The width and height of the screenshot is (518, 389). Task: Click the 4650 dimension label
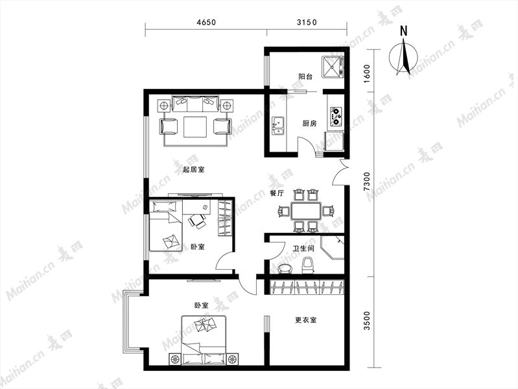(x=206, y=22)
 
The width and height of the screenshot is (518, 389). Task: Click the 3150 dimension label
(x=307, y=22)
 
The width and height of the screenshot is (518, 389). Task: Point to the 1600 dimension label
(x=367, y=74)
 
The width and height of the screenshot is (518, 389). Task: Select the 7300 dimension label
(x=367, y=182)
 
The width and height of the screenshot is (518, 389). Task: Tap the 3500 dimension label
(x=367, y=320)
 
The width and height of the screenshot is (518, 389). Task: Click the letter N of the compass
(x=403, y=30)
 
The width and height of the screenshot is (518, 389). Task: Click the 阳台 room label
(x=305, y=77)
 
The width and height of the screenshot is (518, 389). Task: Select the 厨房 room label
(x=309, y=124)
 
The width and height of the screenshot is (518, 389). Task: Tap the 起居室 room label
(x=194, y=170)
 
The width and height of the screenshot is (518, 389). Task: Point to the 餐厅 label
(x=277, y=194)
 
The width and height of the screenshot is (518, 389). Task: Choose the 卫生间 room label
(x=303, y=248)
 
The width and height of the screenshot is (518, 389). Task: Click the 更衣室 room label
(x=305, y=320)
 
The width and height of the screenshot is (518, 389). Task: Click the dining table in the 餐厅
(x=305, y=211)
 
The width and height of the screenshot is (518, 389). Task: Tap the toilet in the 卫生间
(x=307, y=266)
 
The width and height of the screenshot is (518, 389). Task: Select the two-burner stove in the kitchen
(x=336, y=117)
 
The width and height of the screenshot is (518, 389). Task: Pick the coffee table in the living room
(x=195, y=126)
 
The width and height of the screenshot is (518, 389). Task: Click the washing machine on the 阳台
(x=333, y=67)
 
